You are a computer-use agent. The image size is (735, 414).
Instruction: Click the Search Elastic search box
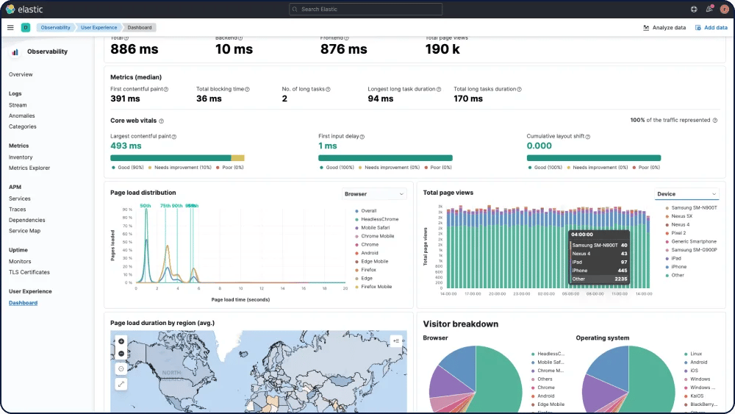[x=365, y=10]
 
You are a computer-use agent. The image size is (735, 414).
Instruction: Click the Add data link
[x=711, y=27]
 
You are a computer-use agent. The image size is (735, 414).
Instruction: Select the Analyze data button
[x=664, y=27]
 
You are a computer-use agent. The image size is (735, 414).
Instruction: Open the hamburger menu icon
[x=10, y=27]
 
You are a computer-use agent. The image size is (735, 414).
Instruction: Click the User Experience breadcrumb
[x=99, y=27]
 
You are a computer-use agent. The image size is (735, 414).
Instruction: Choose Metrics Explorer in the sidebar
[x=29, y=168]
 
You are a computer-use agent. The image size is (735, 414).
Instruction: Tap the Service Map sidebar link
[x=24, y=231]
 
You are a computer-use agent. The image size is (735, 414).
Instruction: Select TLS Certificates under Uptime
[x=29, y=272]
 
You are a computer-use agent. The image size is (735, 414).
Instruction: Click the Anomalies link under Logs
[x=22, y=115]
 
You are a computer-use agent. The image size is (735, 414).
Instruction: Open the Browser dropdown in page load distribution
[x=375, y=194]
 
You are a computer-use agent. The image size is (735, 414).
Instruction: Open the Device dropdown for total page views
[x=686, y=194]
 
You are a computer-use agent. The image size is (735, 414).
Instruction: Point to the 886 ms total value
[x=134, y=49]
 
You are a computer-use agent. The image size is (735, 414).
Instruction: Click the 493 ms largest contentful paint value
[x=126, y=146]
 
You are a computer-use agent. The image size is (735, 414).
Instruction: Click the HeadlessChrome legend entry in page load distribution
[x=379, y=219]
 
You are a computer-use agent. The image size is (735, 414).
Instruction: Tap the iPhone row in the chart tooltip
[x=599, y=271]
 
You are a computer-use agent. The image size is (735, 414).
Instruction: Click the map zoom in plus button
[x=121, y=341]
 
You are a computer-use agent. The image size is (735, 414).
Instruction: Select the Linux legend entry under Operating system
[x=695, y=354]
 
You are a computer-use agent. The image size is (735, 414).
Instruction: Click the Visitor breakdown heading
[x=460, y=324]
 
